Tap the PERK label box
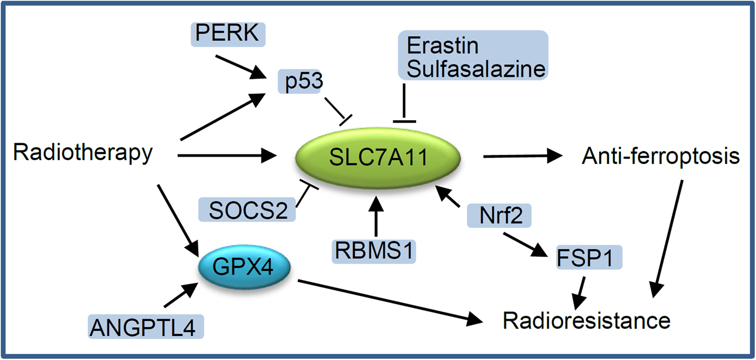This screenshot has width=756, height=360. click(x=227, y=35)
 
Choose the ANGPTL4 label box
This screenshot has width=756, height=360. click(x=146, y=326)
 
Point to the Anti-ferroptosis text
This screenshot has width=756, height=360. click(x=661, y=157)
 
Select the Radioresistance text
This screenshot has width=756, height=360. click(x=586, y=321)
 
